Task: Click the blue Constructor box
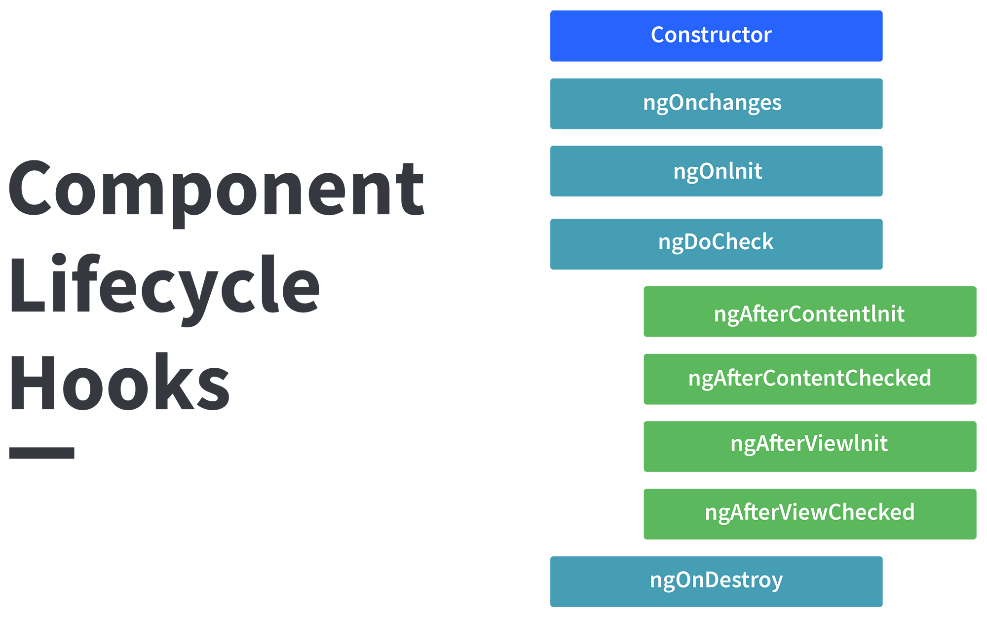point(716,36)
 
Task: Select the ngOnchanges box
point(716,104)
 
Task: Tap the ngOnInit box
point(716,171)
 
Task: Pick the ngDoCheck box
point(716,244)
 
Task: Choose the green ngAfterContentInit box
point(810,311)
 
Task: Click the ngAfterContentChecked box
point(810,379)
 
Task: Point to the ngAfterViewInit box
point(810,446)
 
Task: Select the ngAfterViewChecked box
point(810,514)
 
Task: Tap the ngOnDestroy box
point(716,581)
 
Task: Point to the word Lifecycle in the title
point(165,290)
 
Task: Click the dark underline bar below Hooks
point(42,453)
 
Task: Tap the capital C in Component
point(30,188)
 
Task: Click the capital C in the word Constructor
point(659,35)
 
